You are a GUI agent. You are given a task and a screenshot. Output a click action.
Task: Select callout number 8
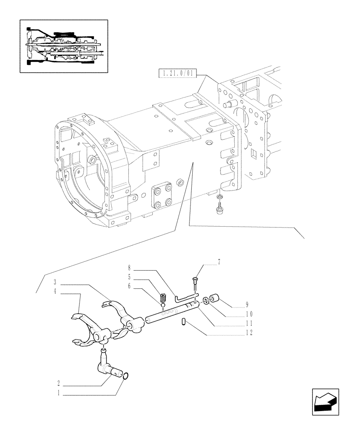(130, 268)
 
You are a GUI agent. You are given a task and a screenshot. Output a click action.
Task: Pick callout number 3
(56, 281)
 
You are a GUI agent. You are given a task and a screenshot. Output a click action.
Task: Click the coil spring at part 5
(163, 298)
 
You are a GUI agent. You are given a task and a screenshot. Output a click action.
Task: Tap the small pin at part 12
(183, 322)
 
